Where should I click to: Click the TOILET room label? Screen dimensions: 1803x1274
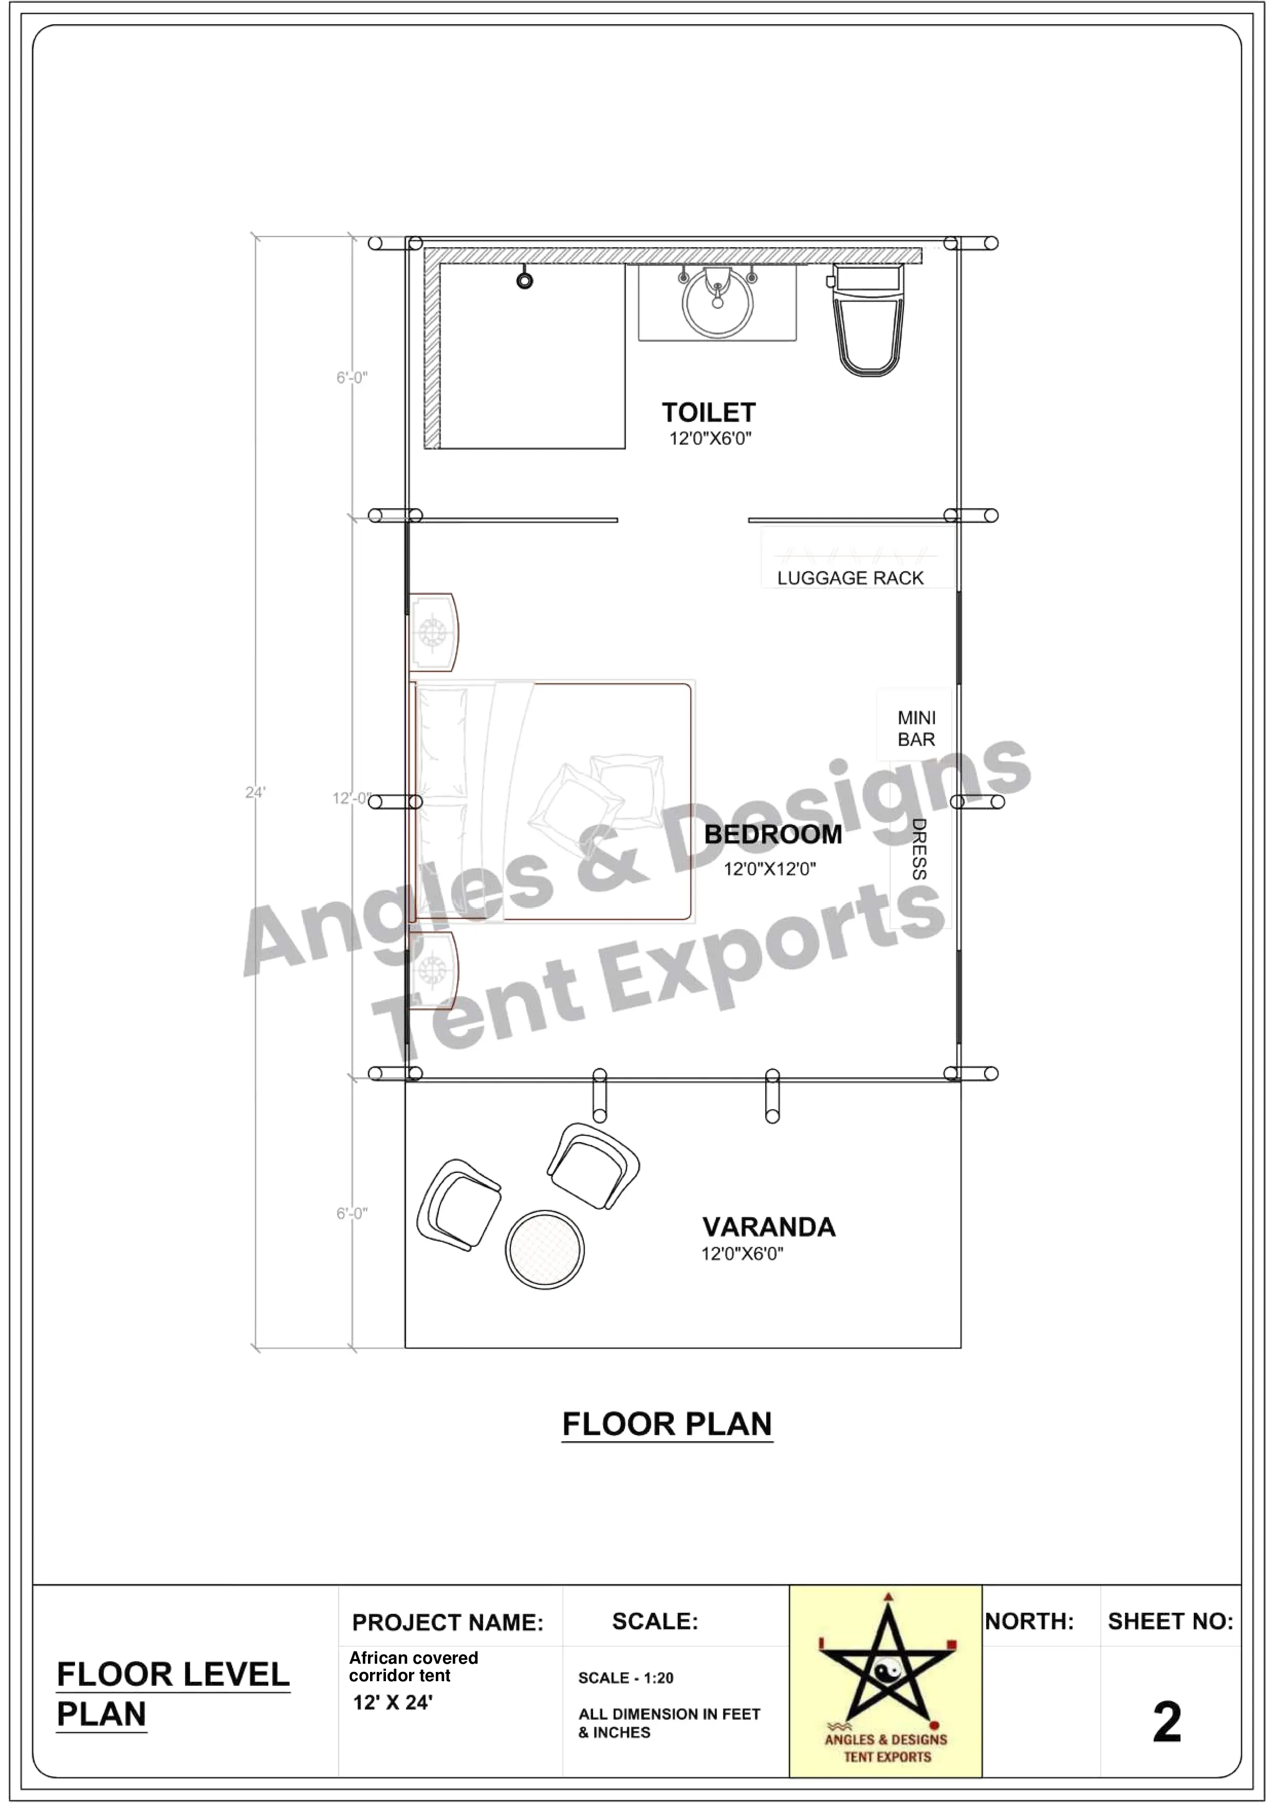708,412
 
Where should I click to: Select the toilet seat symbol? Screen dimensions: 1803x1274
866,322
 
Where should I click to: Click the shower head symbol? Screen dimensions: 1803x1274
524,279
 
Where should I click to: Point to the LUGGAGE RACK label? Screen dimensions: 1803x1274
850,578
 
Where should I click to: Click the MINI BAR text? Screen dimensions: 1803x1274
916,729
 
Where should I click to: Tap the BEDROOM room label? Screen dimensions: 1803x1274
772,834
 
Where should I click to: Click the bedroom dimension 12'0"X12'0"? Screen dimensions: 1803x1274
769,869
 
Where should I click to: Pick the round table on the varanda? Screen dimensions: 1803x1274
545,1249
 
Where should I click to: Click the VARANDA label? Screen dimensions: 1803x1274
768,1227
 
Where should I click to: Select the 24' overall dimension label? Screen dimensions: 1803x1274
255,793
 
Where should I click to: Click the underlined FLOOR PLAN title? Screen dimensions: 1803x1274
667,1424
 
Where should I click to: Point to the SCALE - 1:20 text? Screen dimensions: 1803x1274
625,1678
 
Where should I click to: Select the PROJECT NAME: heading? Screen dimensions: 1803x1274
448,1623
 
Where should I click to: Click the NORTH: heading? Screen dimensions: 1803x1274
1029,1621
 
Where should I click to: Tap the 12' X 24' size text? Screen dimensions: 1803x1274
393,1702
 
